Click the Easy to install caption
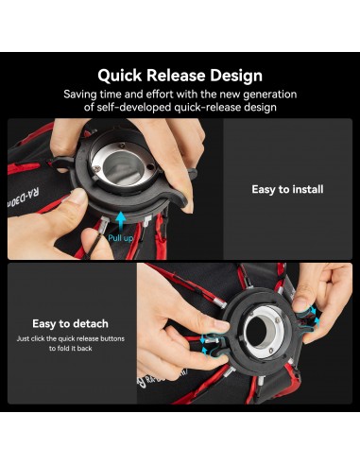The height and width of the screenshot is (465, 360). point(287,189)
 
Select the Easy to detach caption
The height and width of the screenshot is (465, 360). point(70,324)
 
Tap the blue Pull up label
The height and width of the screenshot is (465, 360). point(120,238)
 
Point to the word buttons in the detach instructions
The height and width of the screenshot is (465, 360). point(112,339)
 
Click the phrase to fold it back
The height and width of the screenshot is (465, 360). point(70,349)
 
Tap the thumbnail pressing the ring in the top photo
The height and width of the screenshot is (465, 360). point(77,197)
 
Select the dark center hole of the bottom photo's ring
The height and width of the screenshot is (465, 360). point(257,332)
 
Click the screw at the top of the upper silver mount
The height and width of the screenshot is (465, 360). point(122,146)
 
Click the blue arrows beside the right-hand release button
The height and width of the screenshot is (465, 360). point(313,317)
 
